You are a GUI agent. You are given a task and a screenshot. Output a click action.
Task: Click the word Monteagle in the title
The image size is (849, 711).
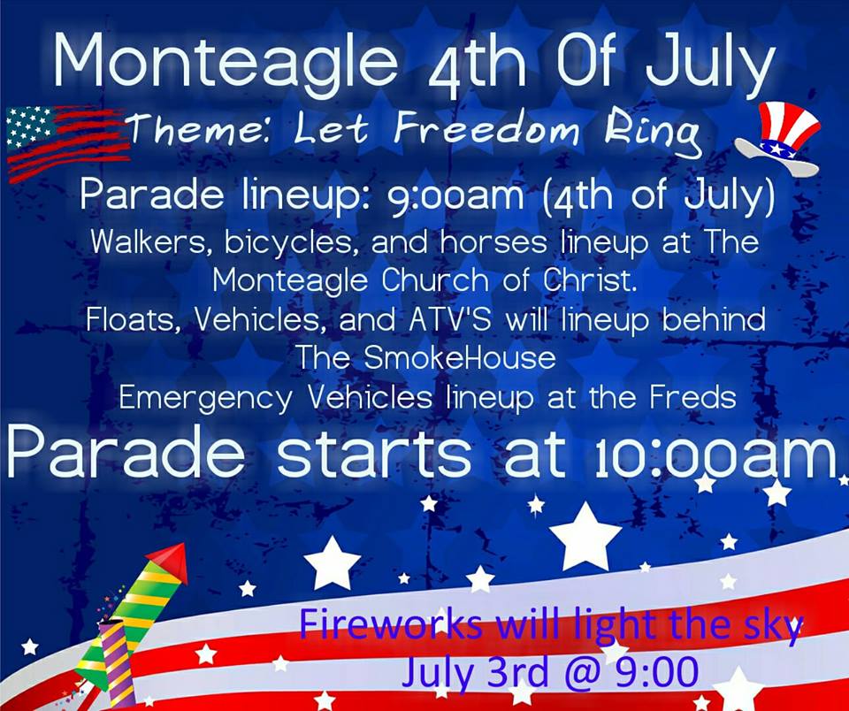pos(226,62)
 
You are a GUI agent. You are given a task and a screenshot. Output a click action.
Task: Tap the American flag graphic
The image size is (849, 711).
pos(68,141)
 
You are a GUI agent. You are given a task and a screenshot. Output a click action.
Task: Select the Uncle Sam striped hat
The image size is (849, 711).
pos(778,139)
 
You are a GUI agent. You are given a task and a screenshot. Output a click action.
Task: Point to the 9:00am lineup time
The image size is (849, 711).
pos(456,195)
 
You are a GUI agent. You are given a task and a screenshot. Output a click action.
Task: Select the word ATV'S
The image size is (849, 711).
pos(449,319)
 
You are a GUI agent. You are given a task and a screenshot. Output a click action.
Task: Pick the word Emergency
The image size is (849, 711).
pos(205,399)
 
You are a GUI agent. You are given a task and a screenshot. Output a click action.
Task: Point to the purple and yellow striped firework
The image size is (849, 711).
pos(117,664)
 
